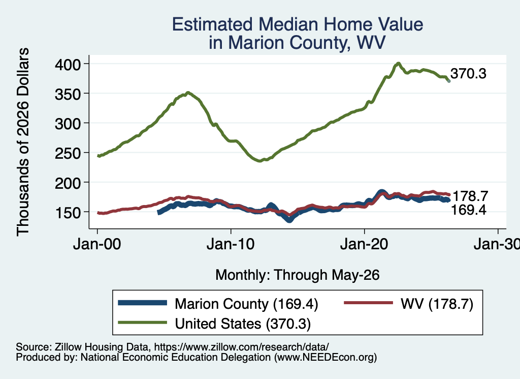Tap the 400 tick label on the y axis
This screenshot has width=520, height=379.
(x=68, y=65)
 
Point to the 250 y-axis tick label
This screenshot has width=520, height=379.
(x=68, y=153)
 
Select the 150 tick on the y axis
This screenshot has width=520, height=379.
(x=68, y=213)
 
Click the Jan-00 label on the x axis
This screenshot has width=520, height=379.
(x=97, y=244)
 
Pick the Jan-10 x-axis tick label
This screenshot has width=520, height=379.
(x=231, y=244)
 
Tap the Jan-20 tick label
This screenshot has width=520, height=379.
(x=364, y=244)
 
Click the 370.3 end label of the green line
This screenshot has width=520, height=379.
(x=468, y=73)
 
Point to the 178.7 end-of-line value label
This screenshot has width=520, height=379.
(x=470, y=196)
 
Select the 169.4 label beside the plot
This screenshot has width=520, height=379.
(x=468, y=210)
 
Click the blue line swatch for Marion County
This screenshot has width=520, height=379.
(x=143, y=303)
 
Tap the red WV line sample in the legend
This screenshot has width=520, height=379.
(x=369, y=303)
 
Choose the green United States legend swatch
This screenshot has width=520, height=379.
(x=143, y=323)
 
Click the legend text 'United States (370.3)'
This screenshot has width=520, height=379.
(x=243, y=324)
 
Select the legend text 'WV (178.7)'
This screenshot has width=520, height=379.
(x=437, y=304)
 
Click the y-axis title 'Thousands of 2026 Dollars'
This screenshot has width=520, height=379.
(x=23, y=142)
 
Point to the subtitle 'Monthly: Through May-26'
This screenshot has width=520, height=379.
(x=298, y=275)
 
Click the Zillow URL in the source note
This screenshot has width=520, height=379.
(x=241, y=347)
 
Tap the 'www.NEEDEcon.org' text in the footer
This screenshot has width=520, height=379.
(x=326, y=358)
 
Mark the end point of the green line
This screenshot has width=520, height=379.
(x=449, y=81)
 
